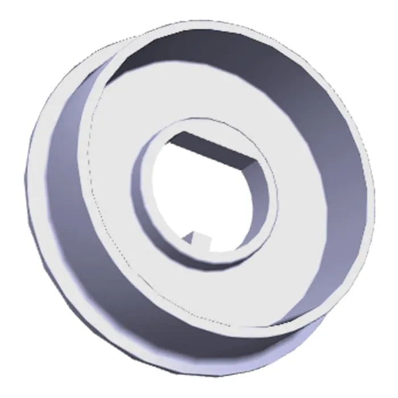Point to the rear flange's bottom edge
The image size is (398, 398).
pyautogui.click(x=171, y=372)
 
